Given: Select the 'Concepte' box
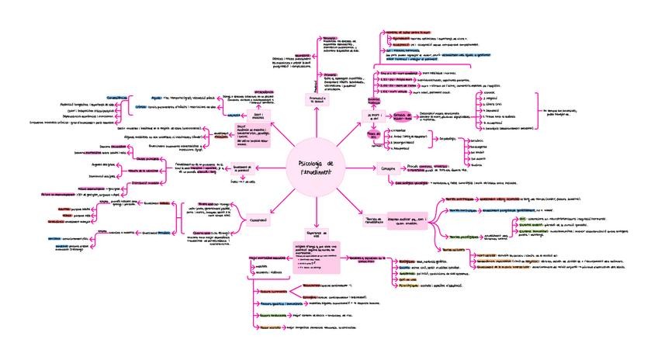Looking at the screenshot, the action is click(x=388, y=168).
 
